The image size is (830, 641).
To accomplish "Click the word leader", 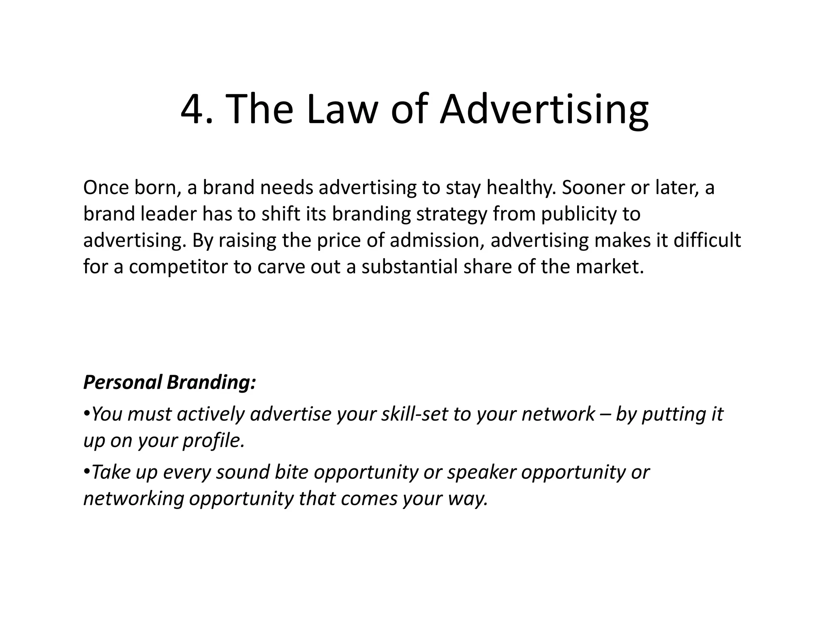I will pyautogui.click(x=168, y=214).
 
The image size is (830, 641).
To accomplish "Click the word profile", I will pyautogui.click(x=214, y=440).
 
